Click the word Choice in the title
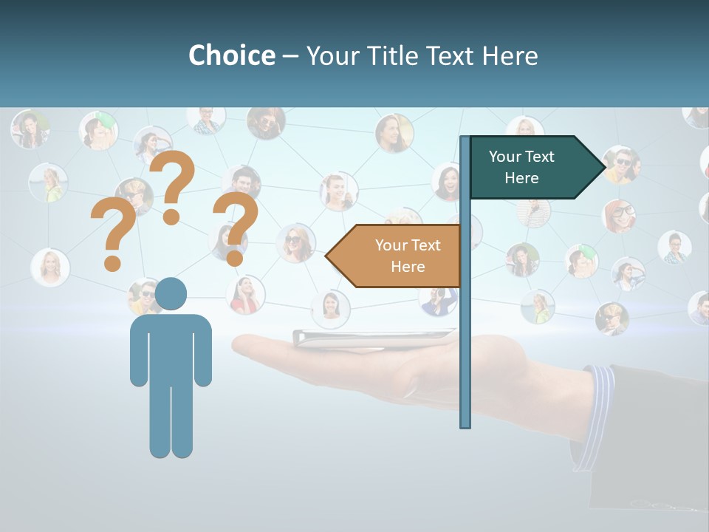231,55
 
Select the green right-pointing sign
528,167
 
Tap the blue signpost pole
465,355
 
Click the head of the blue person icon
171,293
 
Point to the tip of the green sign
603,168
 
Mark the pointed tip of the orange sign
328,256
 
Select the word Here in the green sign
521,178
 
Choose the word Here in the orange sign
408,267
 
